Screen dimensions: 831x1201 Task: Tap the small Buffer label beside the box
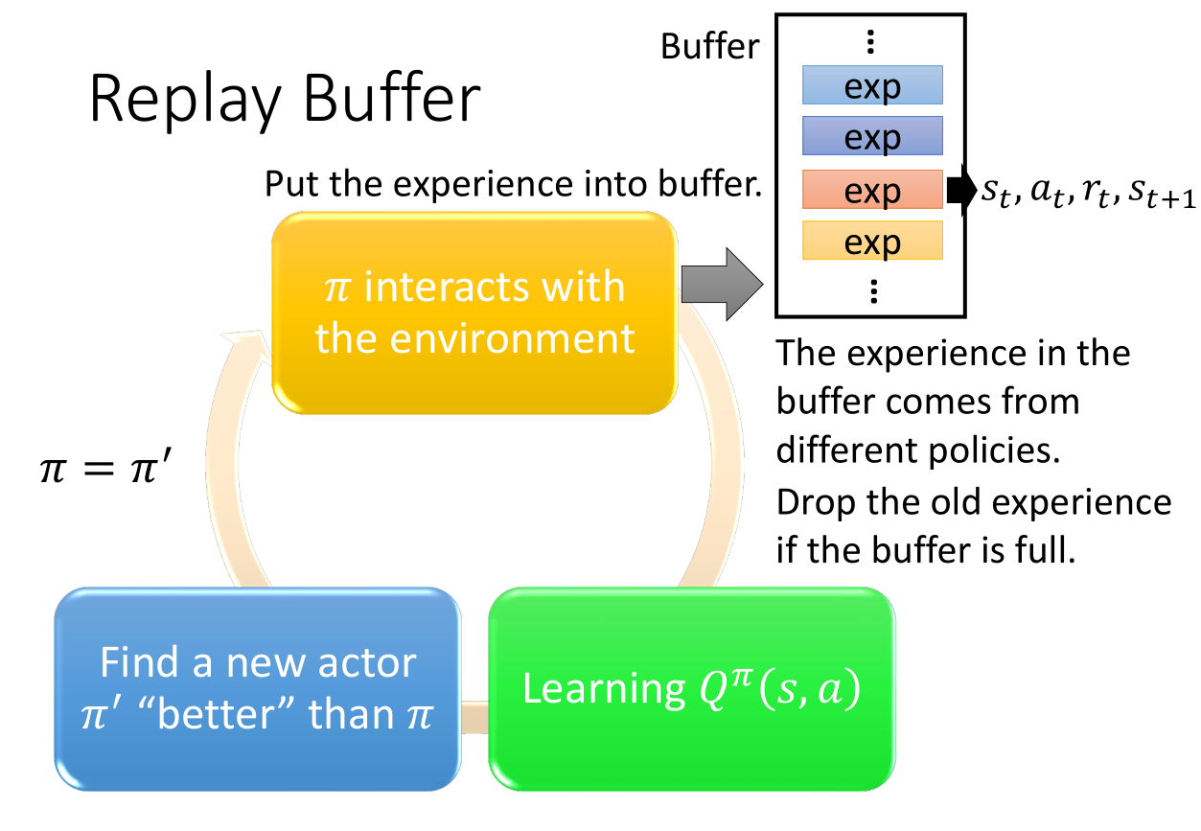point(710,47)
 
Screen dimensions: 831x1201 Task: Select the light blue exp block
point(872,86)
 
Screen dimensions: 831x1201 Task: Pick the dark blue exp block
point(872,137)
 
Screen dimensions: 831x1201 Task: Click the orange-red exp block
point(872,191)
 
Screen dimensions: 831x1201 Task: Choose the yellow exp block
point(872,242)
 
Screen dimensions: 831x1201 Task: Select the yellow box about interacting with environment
point(475,313)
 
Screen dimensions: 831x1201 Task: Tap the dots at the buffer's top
point(870,40)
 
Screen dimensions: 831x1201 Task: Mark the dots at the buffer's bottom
point(872,290)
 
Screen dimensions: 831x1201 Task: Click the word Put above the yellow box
point(291,183)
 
